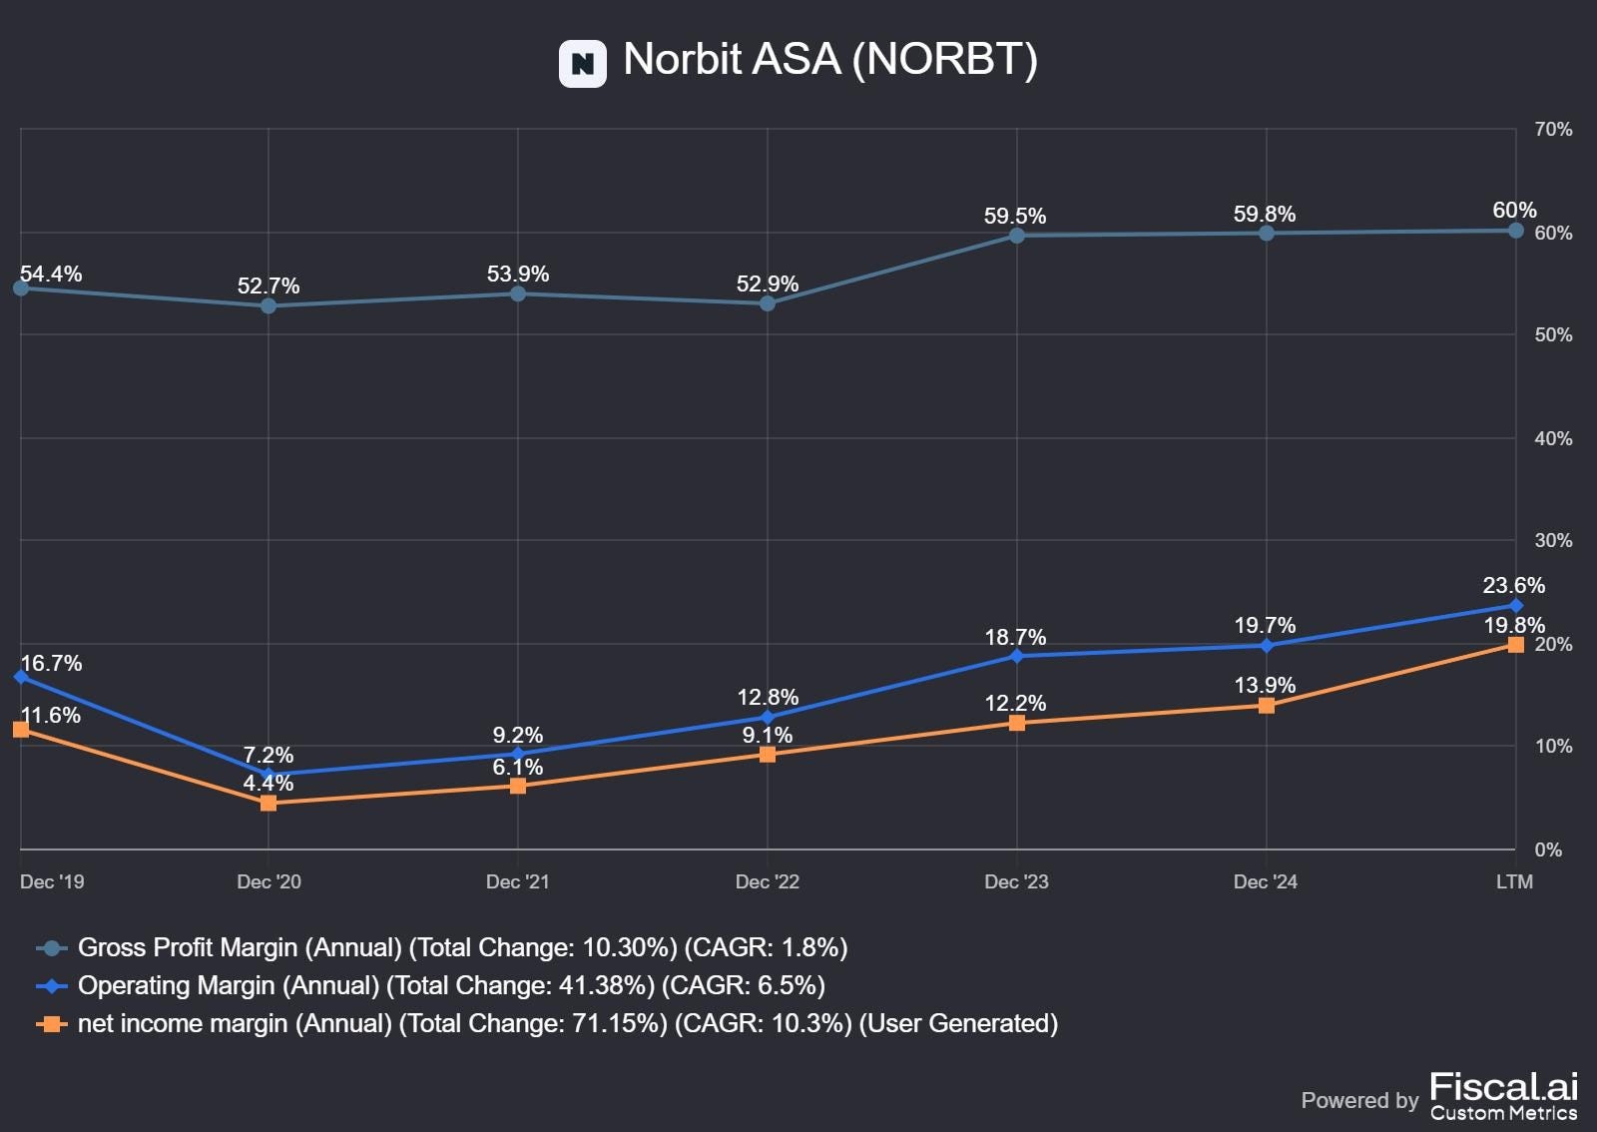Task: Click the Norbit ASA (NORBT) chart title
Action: (829, 60)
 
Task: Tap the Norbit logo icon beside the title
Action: (582, 64)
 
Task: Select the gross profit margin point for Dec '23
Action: (1016, 236)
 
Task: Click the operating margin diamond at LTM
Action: (1515, 606)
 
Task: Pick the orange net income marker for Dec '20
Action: (268, 803)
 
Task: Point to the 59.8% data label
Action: (1264, 214)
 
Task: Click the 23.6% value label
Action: (1513, 585)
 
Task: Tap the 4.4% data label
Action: (267, 783)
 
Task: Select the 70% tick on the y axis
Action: (1552, 130)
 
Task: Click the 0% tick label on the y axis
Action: (1547, 849)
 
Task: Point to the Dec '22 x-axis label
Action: (767, 881)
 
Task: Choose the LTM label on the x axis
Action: (1513, 881)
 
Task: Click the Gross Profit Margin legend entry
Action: (462, 947)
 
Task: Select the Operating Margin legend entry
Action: (451, 985)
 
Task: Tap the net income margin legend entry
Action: (567, 1023)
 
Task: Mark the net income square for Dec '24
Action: (1266, 706)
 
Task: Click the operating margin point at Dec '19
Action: (21, 677)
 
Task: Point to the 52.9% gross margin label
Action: (767, 283)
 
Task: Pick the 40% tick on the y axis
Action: (1552, 438)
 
